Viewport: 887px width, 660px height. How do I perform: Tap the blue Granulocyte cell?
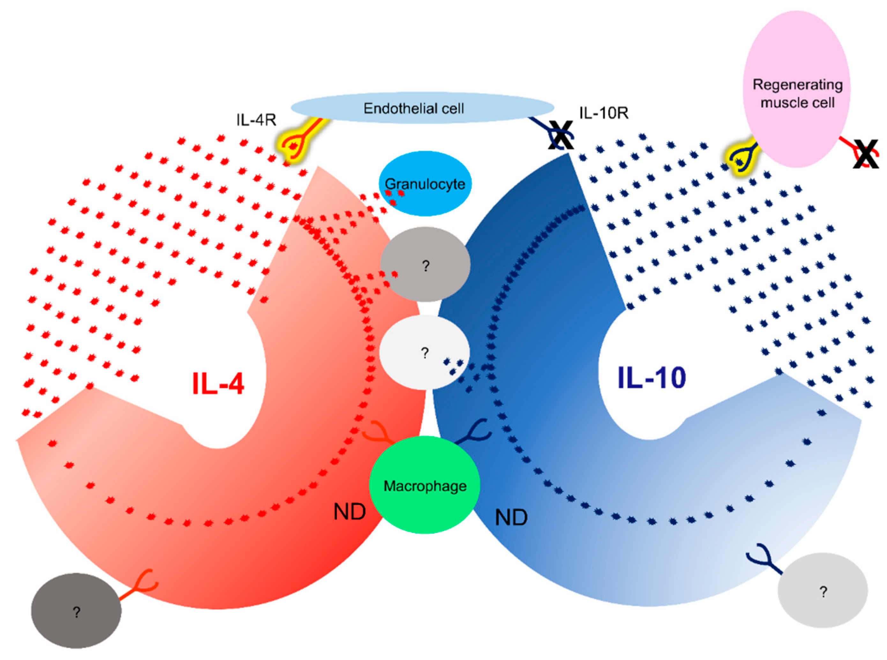pos(425,184)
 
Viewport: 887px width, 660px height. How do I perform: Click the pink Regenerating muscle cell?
pos(796,89)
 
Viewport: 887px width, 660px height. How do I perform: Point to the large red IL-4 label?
pos(218,384)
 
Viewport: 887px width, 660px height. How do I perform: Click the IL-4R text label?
pos(256,120)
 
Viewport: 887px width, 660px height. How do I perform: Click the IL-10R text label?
pos(603,113)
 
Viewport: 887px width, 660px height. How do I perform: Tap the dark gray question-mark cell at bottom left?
pos(76,611)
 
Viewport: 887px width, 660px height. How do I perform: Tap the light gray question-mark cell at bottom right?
pos(823,590)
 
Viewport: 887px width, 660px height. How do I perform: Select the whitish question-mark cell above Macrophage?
pos(424,352)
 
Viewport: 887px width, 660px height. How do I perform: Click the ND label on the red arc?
pos(349,512)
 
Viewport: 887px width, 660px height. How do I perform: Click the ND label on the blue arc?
pos(511,518)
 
